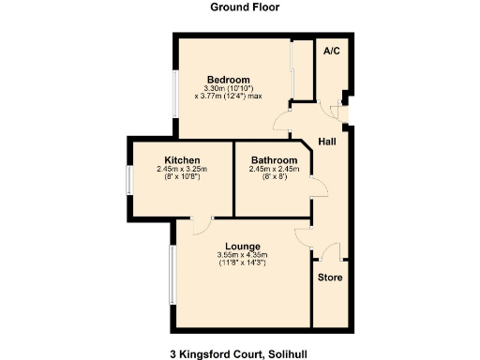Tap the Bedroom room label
click(x=229, y=79)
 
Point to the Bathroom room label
click(x=274, y=159)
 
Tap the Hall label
click(x=327, y=142)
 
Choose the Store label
click(x=329, y=277)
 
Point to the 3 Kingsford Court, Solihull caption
click(x=239, y=354)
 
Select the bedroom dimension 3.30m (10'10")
click(x=229, y=87)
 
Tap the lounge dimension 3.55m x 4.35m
click(x=242, y=255)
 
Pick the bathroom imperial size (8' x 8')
click(x=274, y=177)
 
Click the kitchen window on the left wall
click(x=129, y=179)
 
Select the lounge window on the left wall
click(x=172, y=276)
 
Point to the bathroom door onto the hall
click(x=320, y=187)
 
